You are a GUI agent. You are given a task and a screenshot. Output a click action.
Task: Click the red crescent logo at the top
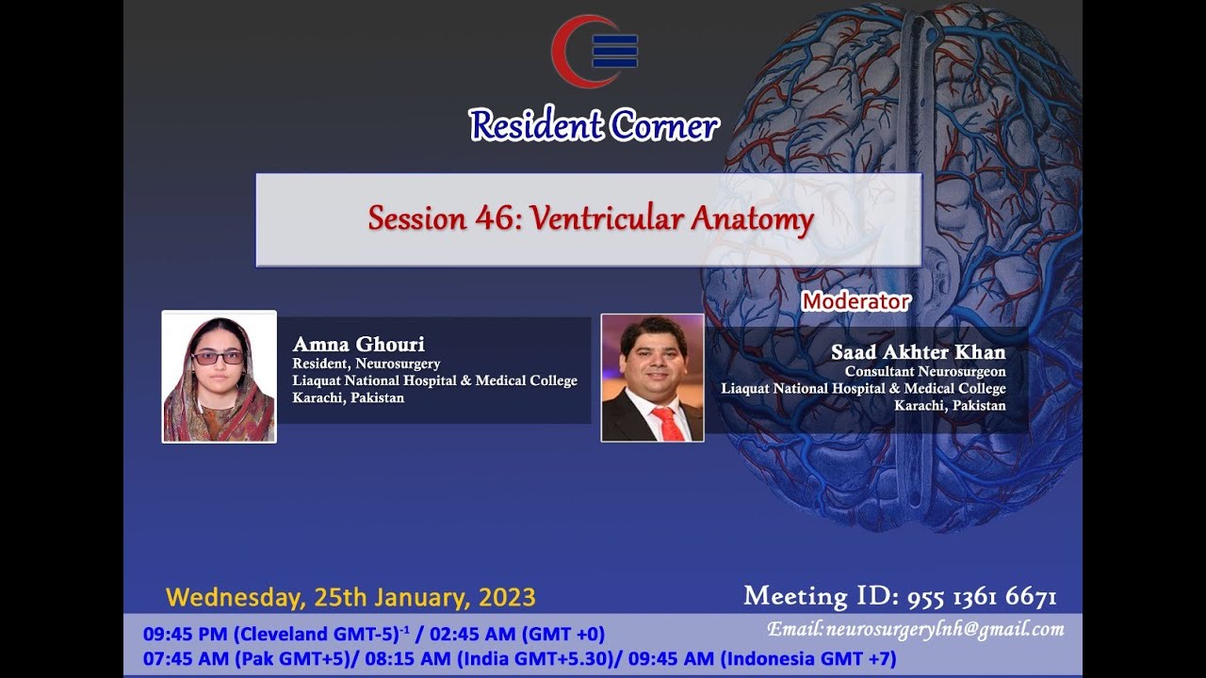click(560, 51)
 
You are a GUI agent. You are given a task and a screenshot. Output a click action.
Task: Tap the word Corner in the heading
click(665, 125)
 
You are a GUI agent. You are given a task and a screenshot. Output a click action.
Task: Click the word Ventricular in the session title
click(607, 219)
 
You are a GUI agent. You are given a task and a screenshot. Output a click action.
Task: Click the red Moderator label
click(856, 301)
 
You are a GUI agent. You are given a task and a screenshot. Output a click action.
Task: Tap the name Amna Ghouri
click(359, 344)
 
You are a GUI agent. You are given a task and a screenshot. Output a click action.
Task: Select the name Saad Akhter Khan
click(919, 352)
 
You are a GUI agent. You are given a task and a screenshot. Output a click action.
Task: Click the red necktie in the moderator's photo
click(668, 424)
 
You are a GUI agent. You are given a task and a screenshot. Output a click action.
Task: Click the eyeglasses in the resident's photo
click(218, 358)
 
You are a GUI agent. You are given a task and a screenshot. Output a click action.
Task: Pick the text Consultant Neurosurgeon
click(925, 371)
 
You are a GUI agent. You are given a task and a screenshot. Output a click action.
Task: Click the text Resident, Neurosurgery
click(367, 363)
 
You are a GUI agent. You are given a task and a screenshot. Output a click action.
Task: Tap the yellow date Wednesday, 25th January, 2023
click(350, 598)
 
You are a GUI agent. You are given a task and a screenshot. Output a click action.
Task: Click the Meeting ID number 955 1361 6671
click(982, 597)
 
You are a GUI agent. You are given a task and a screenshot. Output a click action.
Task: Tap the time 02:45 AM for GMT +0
click(472, 634)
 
